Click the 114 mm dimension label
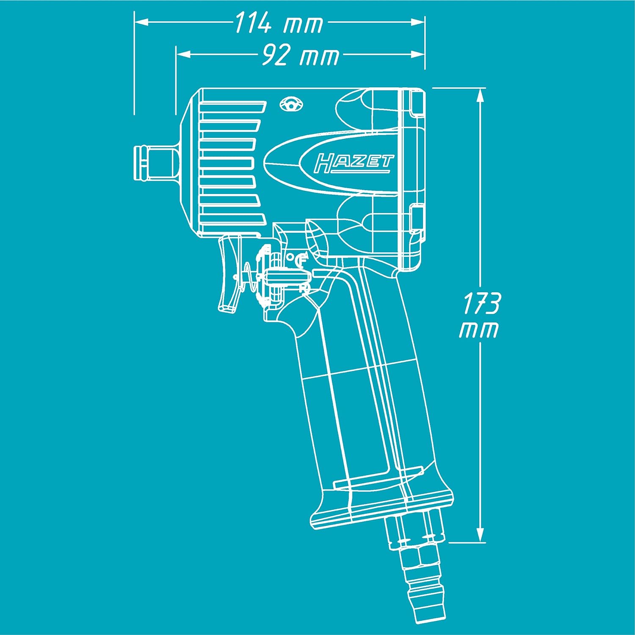[279, 23]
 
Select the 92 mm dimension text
[300, 55]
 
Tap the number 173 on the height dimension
[481, 303]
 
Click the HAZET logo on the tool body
[353, 163]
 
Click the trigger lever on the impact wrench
[228, 275]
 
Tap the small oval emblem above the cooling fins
[291, 104]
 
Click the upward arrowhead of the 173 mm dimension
[480, 96]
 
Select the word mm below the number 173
[478, 330]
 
